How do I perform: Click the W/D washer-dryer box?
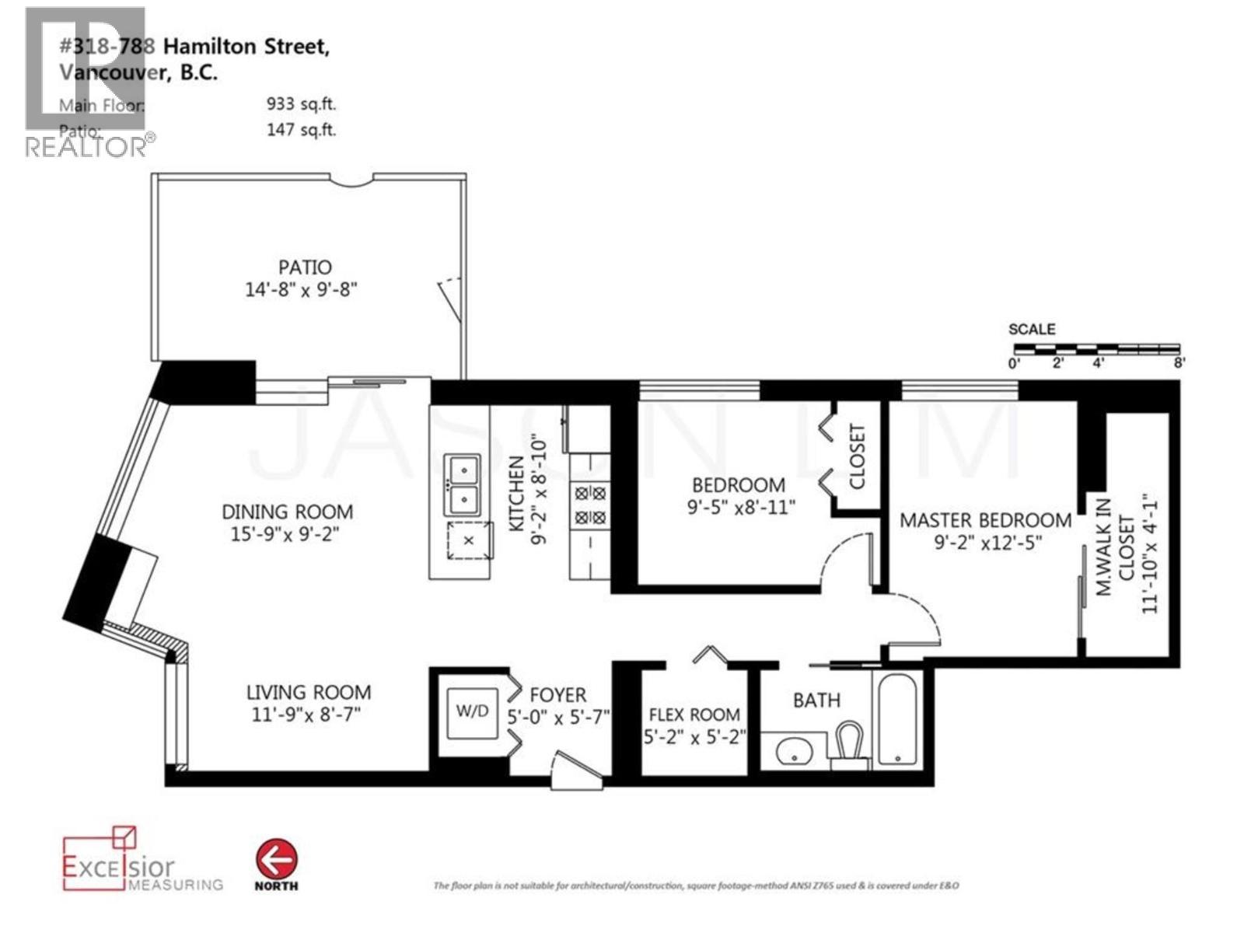point(472,711)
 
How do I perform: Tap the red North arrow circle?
point(276,860)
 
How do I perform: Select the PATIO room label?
point(305,267)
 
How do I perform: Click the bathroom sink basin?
point(794,752)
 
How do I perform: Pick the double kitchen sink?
point(462,484)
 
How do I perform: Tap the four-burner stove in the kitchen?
point(589,505)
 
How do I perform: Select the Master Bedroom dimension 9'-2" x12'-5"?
point(987,543)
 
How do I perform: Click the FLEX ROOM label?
point(694,715)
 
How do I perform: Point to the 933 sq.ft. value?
point(301,104)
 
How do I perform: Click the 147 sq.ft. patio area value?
point(301,130)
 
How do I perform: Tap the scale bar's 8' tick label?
point(1179,363)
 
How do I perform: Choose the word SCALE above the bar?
point(1032,329)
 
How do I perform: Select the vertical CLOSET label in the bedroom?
point(857,456)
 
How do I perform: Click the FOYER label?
point(557,694)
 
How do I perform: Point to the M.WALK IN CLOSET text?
point(1114,547)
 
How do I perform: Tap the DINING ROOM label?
point(287,512)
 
